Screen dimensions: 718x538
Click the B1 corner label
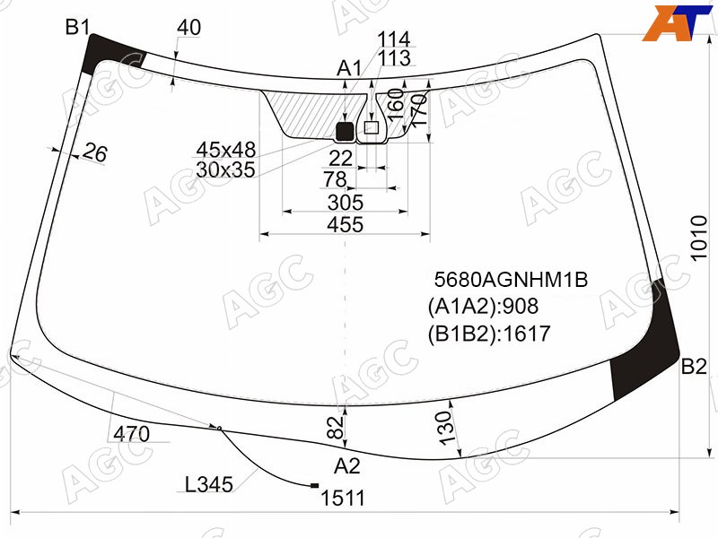tap(78, 28)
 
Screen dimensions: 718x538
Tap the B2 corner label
tap(694, 367)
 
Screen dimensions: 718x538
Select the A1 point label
tap(349, 69)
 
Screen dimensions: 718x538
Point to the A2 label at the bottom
tap(347, 466)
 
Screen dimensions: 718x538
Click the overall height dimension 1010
tap(699, 238)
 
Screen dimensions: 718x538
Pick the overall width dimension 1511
tap(343, 499)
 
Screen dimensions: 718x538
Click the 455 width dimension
tap(346, 225)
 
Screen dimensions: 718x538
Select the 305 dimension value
tap(346, 203)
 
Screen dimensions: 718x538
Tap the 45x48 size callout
tap(226, 150)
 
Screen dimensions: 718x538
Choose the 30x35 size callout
tap(225, 169)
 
